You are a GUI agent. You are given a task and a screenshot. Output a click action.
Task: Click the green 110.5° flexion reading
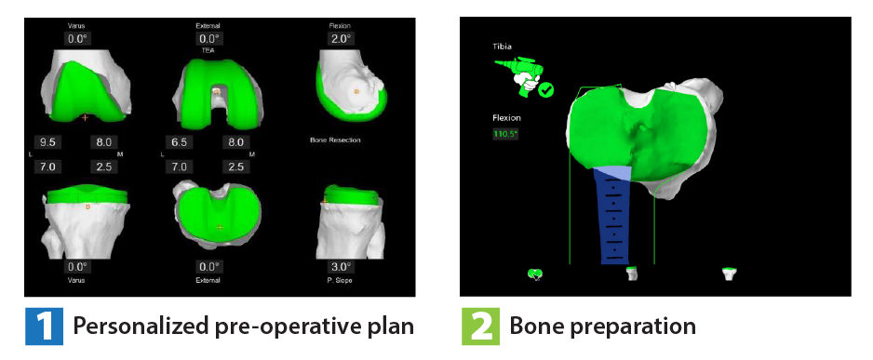tap(506, 134)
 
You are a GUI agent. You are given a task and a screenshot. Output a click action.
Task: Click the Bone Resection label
tap(335, 140)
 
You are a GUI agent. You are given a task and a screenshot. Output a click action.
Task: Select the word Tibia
tap(504, 45)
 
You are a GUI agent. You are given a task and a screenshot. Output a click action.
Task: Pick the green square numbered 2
tap(478, 327)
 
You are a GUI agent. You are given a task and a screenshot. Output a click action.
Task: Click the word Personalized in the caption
tap(128, 327)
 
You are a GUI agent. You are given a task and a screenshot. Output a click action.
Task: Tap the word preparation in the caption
tap(641, 327)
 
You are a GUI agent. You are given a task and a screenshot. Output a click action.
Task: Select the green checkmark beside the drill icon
tap(546, 90)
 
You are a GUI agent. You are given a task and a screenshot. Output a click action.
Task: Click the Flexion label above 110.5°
tap(507, 118)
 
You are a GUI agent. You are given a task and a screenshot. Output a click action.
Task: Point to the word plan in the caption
tap(388, 327)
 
